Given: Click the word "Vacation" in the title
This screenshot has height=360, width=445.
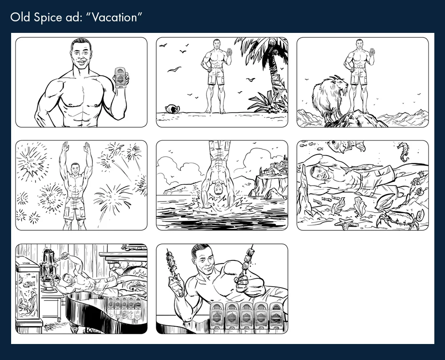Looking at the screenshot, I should [x=118, y=18].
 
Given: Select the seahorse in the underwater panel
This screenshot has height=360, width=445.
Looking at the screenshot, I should [x=404, y=151].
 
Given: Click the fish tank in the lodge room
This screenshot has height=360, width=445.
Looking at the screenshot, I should [x=28, y=289].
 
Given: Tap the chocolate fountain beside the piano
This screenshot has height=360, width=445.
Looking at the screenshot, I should [x=49, y=271].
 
